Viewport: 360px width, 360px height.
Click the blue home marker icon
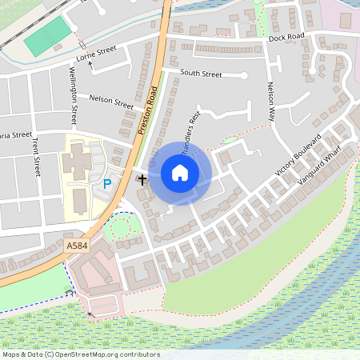coord(180,173)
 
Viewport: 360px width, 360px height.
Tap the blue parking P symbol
coord(107,184)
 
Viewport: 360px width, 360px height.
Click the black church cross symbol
coord(142,179)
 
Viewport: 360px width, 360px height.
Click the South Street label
coord(200,74)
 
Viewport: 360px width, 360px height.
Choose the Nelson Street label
coord(111,102)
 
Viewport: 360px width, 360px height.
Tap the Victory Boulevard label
coord(298,154)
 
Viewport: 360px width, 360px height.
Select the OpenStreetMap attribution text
coord(80,354)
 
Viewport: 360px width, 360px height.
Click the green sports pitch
coord(46,36)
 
